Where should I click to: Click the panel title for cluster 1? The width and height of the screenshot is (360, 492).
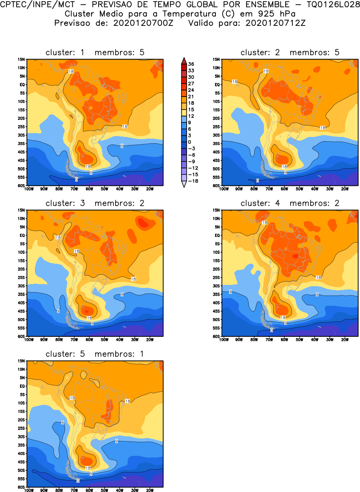click(x=95, y=52)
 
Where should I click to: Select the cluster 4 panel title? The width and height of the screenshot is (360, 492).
click(x=290, y=203)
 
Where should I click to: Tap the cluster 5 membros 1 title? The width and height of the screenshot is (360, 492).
click(x=95, y=354)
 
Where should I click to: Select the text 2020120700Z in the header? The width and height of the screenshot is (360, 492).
click(x=143, y=23)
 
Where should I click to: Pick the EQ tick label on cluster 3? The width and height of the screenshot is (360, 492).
click(x=23, y=235)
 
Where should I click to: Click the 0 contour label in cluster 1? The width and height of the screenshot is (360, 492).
click(x=77, y=180)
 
